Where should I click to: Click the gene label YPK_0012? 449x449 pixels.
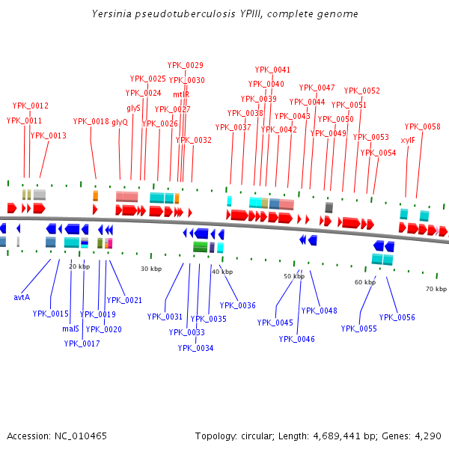coord(30,106)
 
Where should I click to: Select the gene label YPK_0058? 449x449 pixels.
coord(423,126)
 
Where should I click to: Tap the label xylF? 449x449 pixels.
coord(408,140)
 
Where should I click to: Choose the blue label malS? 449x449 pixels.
coord(70,329)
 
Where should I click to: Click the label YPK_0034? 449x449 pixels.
coord(195,348)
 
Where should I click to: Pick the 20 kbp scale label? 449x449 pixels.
coord(79,266)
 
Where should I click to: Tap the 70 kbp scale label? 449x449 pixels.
coord(436,288)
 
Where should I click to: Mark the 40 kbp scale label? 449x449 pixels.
coord(222,272)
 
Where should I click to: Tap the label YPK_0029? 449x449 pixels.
coord(186,65)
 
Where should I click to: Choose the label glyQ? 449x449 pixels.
coord(120,121)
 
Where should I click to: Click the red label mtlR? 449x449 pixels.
coord(181,94)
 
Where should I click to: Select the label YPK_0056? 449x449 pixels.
coord(397,317)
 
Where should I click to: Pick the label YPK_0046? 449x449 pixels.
coord(297,339)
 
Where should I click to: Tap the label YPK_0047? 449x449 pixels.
coord(317,88)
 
